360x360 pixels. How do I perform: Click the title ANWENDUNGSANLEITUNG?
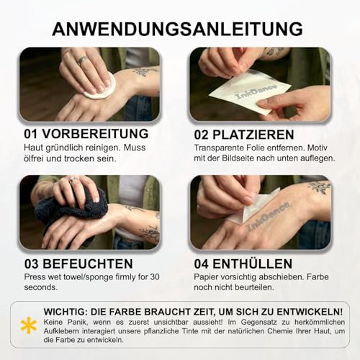click(177, 29)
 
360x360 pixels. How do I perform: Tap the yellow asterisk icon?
click(29, 325)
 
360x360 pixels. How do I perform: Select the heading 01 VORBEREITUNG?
click(86, 134)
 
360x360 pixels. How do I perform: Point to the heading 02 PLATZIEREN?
click(244, 135)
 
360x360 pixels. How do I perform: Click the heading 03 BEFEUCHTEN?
click(78, 264)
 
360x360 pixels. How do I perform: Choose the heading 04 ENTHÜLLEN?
click(243, 264)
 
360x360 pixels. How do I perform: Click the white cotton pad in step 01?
click(100, 85)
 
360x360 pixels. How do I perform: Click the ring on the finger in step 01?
click(82, 60)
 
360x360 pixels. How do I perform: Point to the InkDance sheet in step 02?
click(250, 91)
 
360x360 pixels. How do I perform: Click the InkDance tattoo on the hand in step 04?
click(268, 217)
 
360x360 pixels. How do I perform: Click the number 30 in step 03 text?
click(155, 276)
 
